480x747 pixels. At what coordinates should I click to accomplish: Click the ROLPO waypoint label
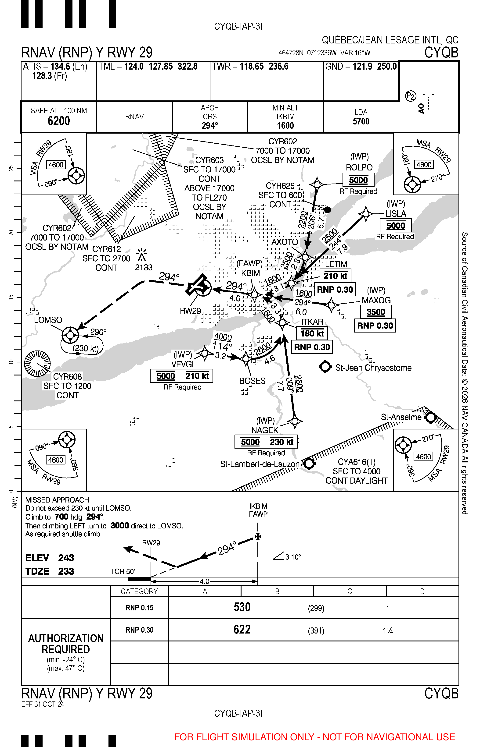359,167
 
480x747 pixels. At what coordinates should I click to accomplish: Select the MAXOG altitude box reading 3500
376,312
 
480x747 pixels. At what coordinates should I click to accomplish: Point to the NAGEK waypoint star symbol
295,421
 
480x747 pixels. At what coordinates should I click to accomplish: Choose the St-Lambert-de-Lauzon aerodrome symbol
309,464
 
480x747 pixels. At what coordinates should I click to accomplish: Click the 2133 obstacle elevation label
144,267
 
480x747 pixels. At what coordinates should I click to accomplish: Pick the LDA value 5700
361,121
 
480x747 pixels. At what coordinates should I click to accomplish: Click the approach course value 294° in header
210,126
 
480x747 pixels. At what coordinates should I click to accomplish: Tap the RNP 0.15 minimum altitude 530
242,607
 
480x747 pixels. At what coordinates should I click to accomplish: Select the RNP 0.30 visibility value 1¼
388,631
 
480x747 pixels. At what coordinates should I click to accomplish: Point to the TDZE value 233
66,571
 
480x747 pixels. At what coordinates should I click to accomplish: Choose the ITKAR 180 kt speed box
312,334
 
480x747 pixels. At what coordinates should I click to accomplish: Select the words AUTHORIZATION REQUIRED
66,644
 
